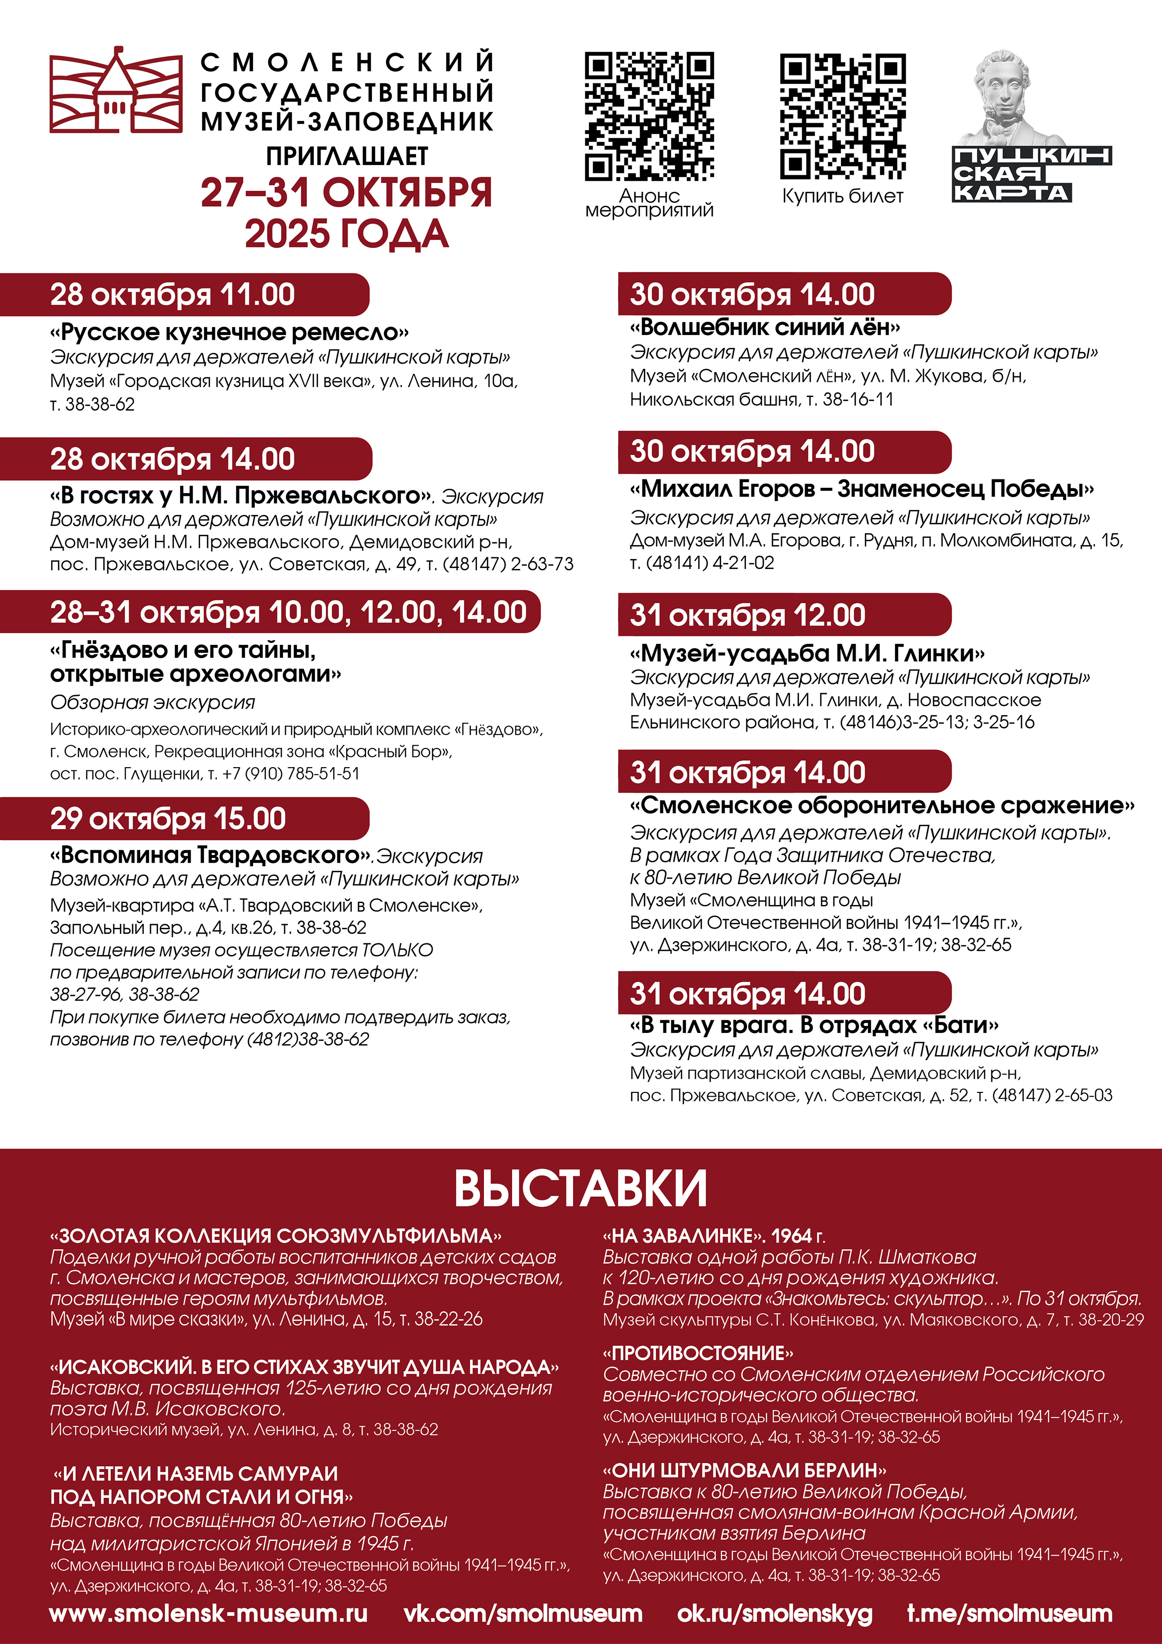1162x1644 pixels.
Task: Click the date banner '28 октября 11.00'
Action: coord(172,294)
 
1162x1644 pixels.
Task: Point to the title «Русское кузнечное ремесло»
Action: coord(229,332)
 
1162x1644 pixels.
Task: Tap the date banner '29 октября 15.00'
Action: coord(168,818)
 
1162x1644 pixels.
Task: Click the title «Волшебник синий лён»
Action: coord(765,327)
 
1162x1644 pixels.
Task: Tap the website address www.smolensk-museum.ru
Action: coord(209,1613)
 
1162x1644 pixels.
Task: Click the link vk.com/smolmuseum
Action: coord(522,1613)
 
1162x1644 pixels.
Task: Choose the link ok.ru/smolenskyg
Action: coord(775,1613)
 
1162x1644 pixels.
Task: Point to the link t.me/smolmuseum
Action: coord(1010,1613)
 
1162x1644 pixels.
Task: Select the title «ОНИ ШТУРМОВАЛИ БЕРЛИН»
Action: coord(745,1471)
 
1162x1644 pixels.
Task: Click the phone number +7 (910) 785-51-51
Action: coord(291,773)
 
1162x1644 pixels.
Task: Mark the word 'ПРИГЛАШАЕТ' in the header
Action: coord(347,156)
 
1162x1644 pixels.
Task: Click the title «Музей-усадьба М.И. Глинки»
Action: coord(807,653)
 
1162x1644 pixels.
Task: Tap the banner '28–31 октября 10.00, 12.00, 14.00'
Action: coord(288,612)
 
